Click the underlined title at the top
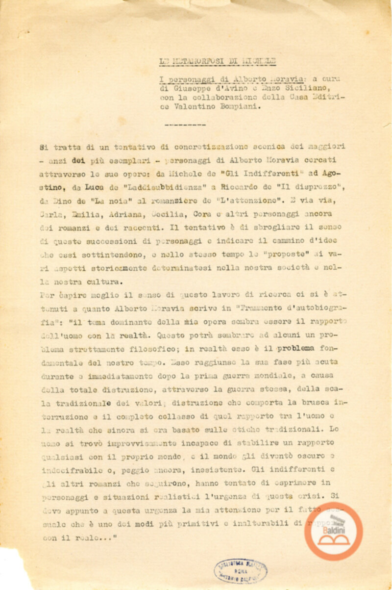(x=218, y=61)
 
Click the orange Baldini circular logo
(x=334, y=531)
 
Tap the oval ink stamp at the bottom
(x=241, y=571)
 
